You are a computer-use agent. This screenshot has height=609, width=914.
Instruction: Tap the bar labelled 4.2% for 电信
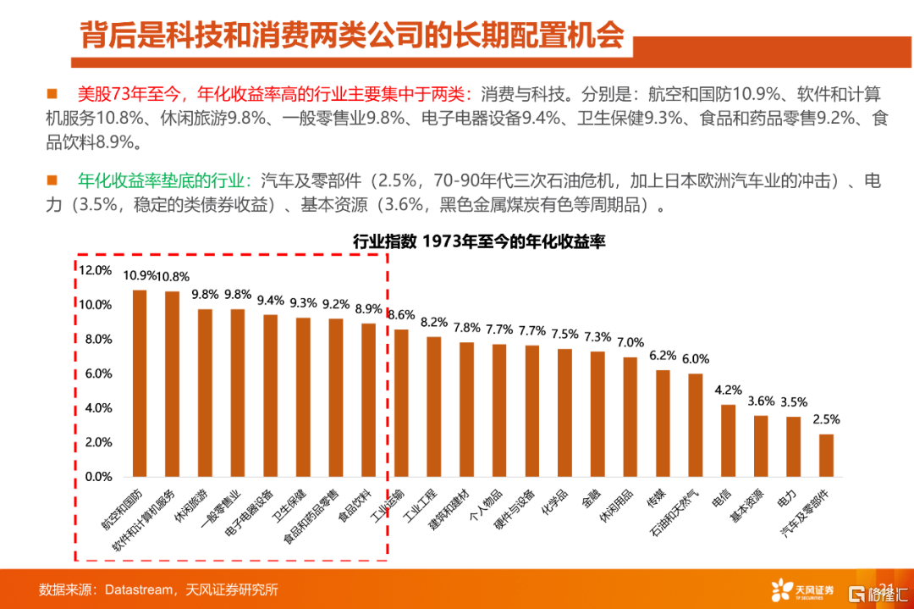[728, 440]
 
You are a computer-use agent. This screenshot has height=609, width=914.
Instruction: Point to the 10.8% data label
[173, 276]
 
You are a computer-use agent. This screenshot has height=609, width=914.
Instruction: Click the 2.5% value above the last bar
[826, 419]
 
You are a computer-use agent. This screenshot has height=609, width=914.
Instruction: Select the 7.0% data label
[630, 342]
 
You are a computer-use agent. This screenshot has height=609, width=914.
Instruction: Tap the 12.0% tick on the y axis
[95, 270]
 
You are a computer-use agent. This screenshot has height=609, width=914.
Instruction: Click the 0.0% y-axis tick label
[97, 476]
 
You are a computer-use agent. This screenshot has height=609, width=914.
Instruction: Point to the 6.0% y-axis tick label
[97, 374]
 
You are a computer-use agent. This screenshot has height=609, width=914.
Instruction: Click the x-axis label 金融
[591, 501]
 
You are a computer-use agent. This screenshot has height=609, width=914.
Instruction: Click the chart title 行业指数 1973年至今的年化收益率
[480, 242]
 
